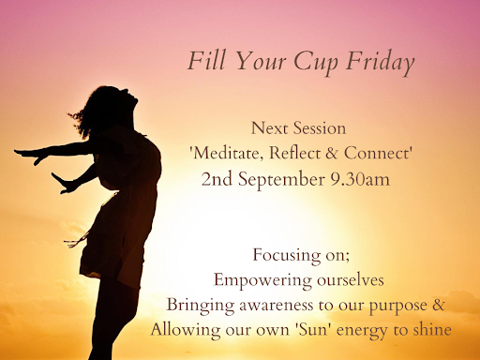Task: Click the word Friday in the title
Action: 381,62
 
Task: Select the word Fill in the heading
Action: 206,60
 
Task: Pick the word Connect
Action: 376,153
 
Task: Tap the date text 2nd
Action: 217,179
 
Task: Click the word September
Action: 281,180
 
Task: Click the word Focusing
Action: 287,256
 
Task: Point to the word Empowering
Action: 262,281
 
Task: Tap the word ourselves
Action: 351,280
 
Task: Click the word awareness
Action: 277,305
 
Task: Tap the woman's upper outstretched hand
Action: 31,156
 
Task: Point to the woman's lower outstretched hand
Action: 64,184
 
